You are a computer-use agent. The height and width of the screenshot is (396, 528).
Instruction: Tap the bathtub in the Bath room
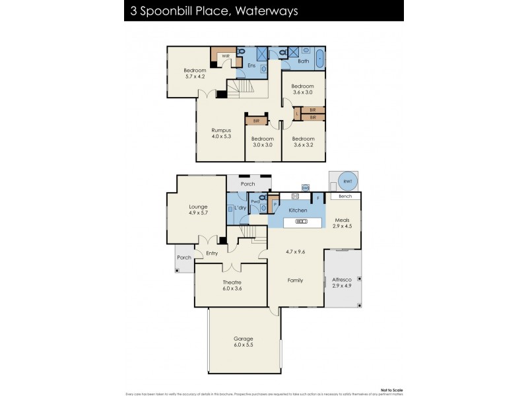320,57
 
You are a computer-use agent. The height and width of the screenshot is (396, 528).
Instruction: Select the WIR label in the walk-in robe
225,56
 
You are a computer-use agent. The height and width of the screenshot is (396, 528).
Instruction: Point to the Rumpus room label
221,130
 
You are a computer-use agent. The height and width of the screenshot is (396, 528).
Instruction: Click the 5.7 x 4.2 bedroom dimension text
195,77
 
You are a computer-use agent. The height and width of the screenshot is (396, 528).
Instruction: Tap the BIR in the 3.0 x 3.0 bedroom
255,121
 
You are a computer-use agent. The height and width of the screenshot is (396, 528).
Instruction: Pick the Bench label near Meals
345,196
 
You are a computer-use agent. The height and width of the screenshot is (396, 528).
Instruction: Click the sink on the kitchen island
301,222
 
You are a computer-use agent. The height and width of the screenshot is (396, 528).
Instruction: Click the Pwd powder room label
254,202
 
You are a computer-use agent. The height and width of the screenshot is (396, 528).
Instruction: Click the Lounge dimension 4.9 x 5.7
198,213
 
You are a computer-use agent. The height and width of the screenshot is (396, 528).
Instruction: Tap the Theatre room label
231,282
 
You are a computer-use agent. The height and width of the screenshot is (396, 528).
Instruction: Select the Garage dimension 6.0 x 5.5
243,345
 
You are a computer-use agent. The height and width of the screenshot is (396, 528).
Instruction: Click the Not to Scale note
389,390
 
